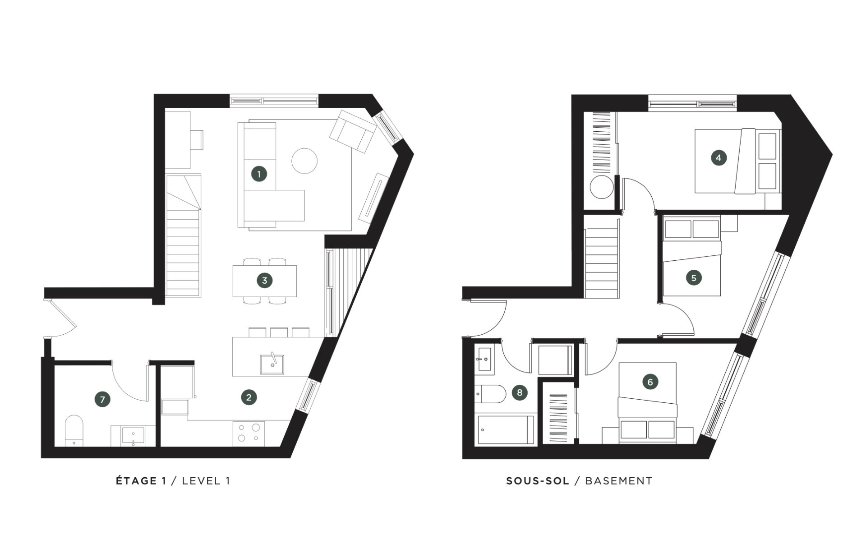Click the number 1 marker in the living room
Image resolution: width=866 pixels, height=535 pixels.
[259, 174]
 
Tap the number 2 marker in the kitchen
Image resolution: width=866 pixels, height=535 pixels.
[249, 397]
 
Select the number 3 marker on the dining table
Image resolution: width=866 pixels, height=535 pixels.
[264, 280]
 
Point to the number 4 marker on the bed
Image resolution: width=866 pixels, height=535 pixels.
[719, 158]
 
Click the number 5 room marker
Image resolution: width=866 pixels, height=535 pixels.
[694, 277]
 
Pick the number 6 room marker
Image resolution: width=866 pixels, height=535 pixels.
[650, 382]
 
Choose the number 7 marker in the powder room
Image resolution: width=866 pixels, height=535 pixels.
[102, 399]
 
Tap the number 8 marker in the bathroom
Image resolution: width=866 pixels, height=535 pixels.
[520, 392]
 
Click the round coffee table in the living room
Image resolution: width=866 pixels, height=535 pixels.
[304, 161]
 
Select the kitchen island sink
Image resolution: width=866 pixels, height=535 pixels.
[272, 364]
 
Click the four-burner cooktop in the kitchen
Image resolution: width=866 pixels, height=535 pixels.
[249, 433]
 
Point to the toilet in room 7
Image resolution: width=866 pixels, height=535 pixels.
[74, 431]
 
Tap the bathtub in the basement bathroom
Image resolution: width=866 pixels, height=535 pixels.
[505, 430]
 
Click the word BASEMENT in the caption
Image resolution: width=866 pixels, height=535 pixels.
[618, 481]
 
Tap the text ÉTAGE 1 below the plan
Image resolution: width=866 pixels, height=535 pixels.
[141, 481]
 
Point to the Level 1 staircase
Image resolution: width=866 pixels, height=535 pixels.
[183, 235]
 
